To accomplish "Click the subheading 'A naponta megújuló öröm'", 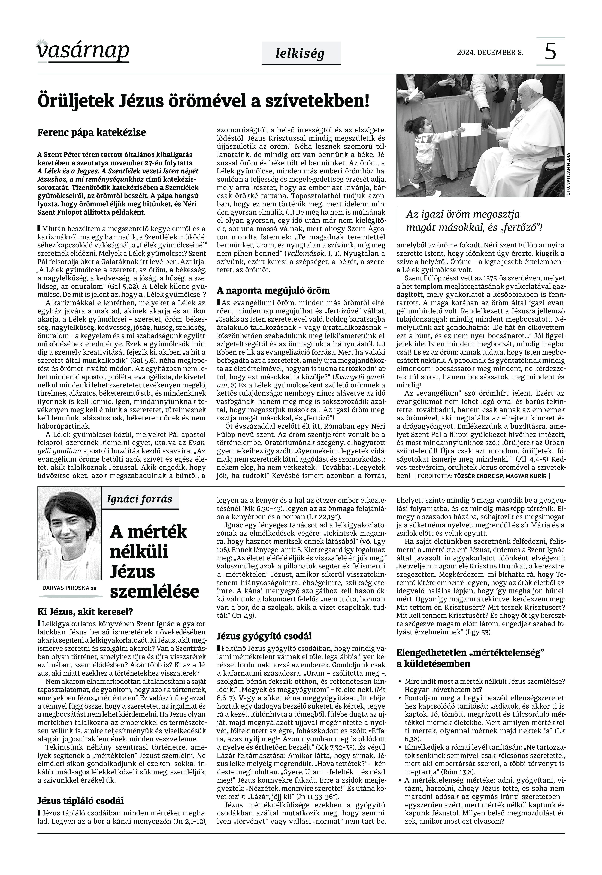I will [273, 290].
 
